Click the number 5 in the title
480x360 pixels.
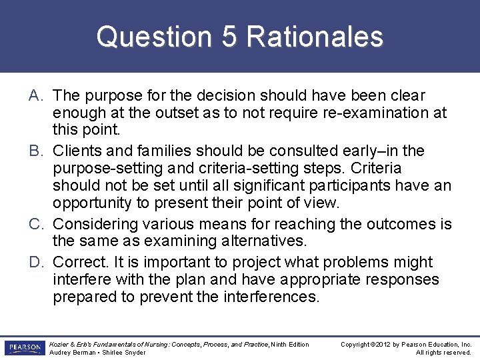pyautogui.click(x=228, y=37)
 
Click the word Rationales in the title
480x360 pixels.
pyautogui.click(x=315, y=37)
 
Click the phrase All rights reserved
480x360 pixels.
pyautogui.click(x=444, y=353)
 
